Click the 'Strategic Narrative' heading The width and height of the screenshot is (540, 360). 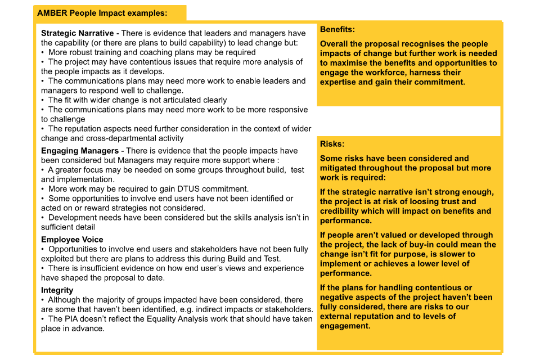[x=77, y=33]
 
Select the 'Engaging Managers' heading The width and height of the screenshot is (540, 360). [x=80, y=151]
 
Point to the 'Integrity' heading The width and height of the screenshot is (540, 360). [x=57, y=290]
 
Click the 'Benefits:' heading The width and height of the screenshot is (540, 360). [x=337, y=29]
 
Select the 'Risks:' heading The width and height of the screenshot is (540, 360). [x=332, y=144]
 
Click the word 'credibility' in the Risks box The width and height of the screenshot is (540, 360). [x=342, y=211]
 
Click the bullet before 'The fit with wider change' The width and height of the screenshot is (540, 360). [x=43, y=100]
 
